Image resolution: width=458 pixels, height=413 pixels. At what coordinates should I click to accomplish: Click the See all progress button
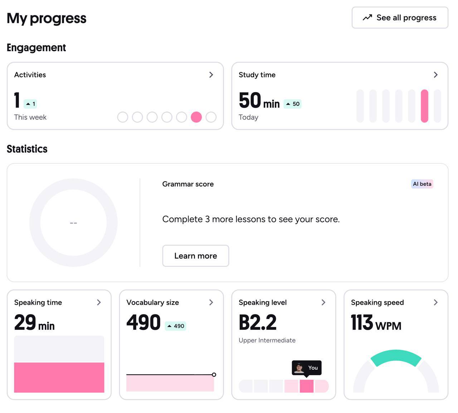coord(400,18)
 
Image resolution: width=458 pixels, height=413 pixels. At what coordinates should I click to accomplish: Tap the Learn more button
coord(196,256)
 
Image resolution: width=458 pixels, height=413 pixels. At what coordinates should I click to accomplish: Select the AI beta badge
coord(422,184)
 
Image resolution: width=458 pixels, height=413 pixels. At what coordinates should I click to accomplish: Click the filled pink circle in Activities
coord(196,117)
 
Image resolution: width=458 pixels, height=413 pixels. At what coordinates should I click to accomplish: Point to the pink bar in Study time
coord(424,106)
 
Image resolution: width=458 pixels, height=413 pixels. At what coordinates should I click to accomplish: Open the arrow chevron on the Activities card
coord(211,75)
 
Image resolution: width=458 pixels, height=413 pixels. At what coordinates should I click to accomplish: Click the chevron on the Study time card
coord(435,75)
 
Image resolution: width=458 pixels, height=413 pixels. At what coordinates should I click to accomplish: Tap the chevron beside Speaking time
coord(99,302)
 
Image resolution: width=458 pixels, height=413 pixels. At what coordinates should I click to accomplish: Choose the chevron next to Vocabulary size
coord(211,302)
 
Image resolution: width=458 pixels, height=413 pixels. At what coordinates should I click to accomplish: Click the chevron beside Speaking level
coord(323,302)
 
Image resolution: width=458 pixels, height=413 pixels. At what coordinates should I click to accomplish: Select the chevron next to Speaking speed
coord(435,302)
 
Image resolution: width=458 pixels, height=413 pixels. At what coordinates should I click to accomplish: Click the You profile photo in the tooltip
coord(299,368)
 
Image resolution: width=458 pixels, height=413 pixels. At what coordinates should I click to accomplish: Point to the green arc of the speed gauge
coord(396,355)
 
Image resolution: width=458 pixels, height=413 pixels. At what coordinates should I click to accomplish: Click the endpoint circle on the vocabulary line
coord(214,375)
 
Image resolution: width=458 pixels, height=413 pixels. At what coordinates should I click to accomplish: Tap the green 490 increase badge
coord(175,326)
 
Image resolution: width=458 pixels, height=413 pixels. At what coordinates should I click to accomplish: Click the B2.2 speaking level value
coord(258,322)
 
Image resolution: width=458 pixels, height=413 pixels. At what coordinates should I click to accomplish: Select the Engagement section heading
coord(36,48)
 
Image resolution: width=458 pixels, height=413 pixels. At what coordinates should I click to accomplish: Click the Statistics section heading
coord(27,149)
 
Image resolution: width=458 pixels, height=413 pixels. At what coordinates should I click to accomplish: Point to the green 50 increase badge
coord(292,104)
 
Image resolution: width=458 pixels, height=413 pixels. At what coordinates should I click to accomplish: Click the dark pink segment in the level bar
coord(306,386)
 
